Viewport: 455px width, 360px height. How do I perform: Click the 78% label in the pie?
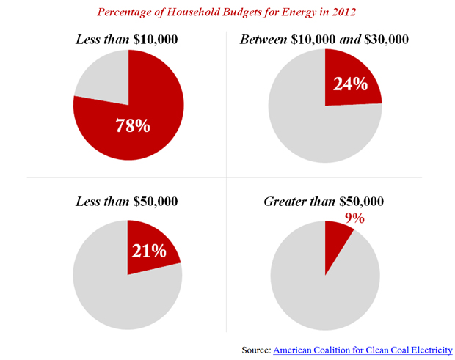click(133, 125)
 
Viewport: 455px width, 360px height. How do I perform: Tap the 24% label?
click(350, 84)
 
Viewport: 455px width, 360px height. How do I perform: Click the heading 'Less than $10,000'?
click(127, 38)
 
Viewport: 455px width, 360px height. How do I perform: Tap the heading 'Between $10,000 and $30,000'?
click(324, 38)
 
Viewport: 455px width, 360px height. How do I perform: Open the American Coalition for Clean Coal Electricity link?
click(363, 350)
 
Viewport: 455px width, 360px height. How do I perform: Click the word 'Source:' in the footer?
click(256, 350)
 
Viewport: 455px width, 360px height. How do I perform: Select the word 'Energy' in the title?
click(277, 12)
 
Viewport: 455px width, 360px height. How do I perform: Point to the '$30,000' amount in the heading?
click(382, 38)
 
